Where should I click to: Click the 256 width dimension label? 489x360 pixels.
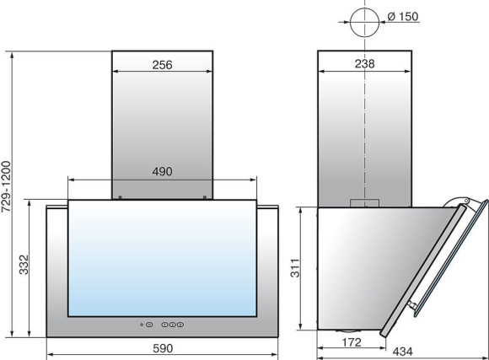point(162,65)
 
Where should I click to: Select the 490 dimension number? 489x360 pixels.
point(162,172)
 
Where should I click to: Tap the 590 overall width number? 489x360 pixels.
point(163,348)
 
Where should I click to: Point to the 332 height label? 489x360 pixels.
point(24,265)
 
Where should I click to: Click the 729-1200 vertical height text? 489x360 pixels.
point(6,186)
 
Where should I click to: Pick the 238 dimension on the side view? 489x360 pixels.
point(364,63)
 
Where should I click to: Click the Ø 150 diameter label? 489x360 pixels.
point(403,17)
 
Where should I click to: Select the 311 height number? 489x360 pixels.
point(295,268)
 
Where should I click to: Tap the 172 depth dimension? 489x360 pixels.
point(352,342)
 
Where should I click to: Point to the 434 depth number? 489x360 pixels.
point(402,352)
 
